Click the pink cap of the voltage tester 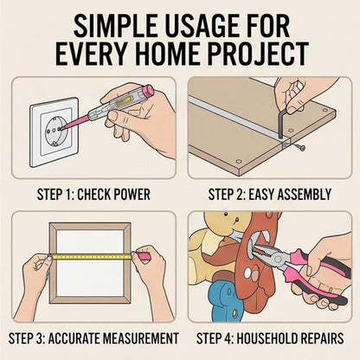point(149,89)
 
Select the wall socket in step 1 point(55,132)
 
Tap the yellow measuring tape point(92,256)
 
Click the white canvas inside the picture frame point(90,262)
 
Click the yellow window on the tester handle point(124,101)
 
